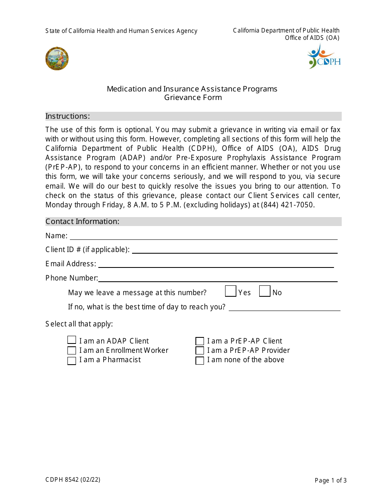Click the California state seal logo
pyautogui.click(x=57, y=59)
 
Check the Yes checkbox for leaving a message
pyautogui.click(x=231, y=291)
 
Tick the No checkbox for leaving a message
pyautogui.click(x=265, y=291)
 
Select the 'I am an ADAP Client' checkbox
pyautogui.click(x=72, y=340)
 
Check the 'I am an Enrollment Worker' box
pyautogui.click(x=72, y=350)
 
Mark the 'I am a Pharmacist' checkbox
pyautogui.click(x=72, y=361)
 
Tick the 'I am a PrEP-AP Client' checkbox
pyautogui.click(x=200, y=341)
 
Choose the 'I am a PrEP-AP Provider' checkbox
pyautogui.click(x=200, y=350)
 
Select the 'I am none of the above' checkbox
pyautogui.click(x=200, y=361)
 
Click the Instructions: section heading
pyautogui.click(x=68, y=116)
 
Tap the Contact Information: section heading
pyautogui.click(x=82, y=222)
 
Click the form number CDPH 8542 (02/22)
pyautogui.click(x=73, y=480)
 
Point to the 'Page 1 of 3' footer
pyautogui.click(x=330, y=480)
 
